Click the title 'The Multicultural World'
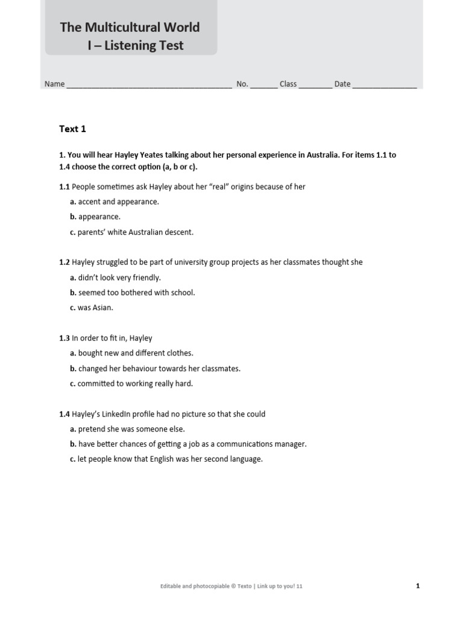pos(130,27)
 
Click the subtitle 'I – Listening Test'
pos(135,45)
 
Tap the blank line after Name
pos(149,85)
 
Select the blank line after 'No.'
pos(263,85)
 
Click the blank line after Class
pos(315,85)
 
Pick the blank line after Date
pos(384,85)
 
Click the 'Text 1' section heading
pos(72,129)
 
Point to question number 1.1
pos(65,186)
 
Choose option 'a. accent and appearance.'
pos(115,202)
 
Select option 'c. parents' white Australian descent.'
pos(132,232)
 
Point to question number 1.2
pos(65,263)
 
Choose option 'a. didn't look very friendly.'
pos(115,278)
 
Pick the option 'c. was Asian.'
pos(92,308)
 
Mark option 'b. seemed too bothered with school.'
pos(133,293)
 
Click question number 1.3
pos(65,339)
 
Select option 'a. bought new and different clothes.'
pos(131,353)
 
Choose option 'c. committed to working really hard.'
pos(131,383)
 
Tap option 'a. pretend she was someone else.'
pos(127,429)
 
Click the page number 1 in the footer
pos(418,585)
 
